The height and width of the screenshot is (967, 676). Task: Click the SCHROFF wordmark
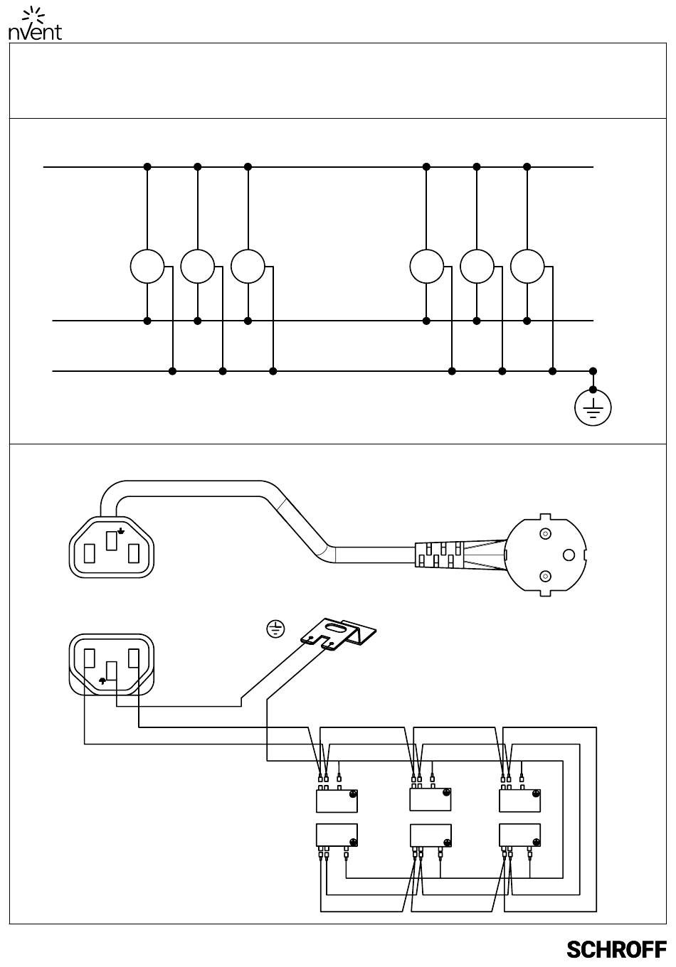pyautogui.click(x=616, y=949)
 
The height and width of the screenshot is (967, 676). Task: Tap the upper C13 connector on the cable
pyautogui.click(x=112, y=546)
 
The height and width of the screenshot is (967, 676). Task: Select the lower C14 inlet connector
pyautogui.click(x=112, y=666)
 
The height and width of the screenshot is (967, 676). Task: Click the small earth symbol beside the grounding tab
pyautogui.click(x=275, y=628)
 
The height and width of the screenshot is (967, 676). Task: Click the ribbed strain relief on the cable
pyautogui.click(x=441, y=555)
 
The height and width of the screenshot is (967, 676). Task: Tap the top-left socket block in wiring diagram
pyautogui.click(x=337, y=801)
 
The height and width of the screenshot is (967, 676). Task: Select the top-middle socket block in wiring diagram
pyautogui.click(x=431, y=799)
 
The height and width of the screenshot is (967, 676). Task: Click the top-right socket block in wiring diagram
pyautogui.click(x=520, y=801)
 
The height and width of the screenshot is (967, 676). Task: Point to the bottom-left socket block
pyautogui.click(x=337, y=835)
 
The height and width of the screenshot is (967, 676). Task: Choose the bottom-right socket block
pyautogui.click(x=520, y=835)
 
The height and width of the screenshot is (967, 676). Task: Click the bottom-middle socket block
pyautogui.click(x=431, y=835)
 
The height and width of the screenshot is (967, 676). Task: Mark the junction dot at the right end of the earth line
pyautogui.click(x=593, y=371)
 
